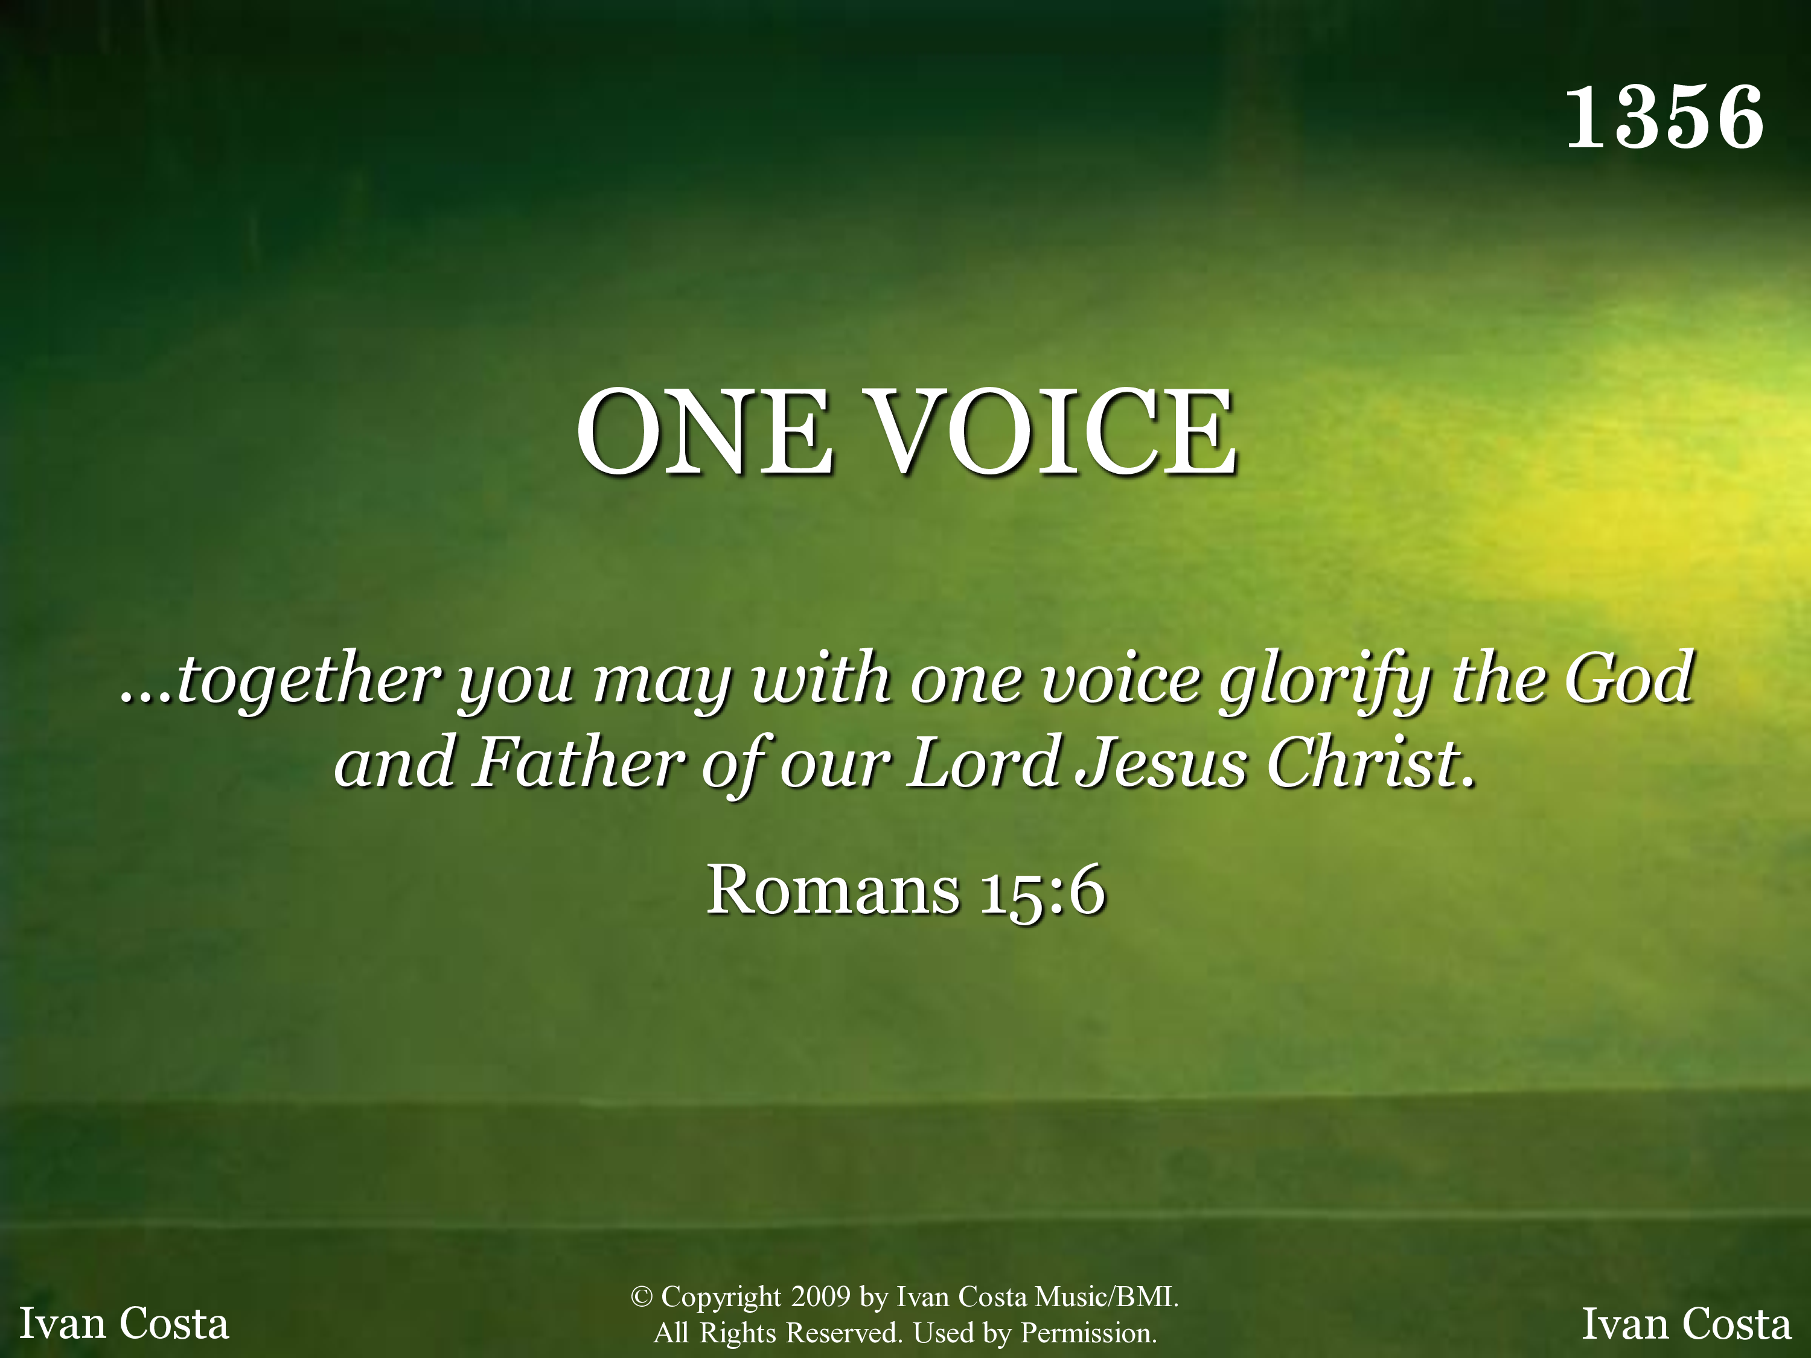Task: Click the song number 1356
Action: click(x=1664, y=117)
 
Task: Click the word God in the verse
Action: click(x=1629, y=678)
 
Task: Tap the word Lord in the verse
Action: click(x=983, y=762)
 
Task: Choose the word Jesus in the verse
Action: click(x=1162, y=763)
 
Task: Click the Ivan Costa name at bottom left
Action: click(x=124, y=1323)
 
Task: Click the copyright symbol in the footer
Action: click(x=641, y=1296)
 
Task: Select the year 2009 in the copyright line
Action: click(x=820, y=1296)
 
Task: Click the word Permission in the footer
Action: click(x=1088, y=1333)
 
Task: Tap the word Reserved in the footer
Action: click(x=844, y=1333)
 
